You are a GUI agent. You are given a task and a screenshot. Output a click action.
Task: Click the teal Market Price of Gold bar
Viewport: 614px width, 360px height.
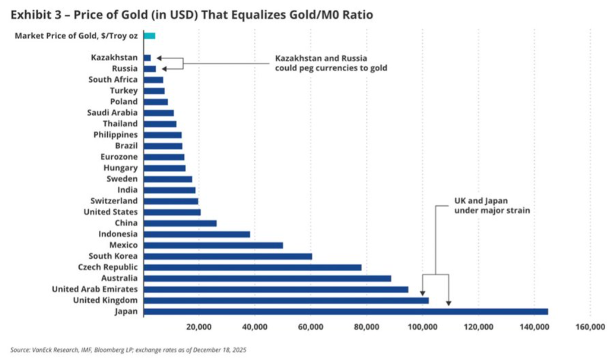(149, 35)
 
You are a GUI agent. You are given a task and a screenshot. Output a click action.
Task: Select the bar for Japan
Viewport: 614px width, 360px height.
(345, 312)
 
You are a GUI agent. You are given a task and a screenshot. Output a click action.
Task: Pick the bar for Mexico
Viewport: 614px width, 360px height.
(213, 245)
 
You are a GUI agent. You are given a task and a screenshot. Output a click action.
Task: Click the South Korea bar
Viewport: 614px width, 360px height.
(228, 256)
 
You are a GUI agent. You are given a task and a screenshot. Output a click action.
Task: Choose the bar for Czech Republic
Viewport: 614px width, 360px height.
(252, 267)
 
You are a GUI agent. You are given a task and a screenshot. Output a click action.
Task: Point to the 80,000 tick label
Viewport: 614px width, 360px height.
(366, 327)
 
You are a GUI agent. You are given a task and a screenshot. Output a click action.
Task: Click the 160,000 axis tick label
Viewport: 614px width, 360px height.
(590, 327)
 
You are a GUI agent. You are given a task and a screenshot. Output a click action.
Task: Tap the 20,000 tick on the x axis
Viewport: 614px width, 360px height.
(199, 327)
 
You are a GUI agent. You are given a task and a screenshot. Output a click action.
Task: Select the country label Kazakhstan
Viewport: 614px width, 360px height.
(114, 57)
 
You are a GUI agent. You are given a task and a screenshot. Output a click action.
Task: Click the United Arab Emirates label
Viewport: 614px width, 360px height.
(95, 289)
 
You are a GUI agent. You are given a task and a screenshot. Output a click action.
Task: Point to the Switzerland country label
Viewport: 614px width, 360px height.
(114, 201)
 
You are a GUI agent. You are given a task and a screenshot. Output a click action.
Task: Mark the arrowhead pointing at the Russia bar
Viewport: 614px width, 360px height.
(164, 69)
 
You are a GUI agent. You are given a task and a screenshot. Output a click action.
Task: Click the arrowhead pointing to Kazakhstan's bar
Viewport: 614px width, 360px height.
(159, 58)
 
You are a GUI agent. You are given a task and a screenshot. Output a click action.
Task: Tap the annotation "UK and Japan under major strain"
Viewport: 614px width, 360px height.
(492, 206)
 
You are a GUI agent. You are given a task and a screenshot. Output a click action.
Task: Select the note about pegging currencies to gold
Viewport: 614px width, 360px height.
(331, 63)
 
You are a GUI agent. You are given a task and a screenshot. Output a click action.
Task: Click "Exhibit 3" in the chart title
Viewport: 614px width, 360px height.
(33, 14)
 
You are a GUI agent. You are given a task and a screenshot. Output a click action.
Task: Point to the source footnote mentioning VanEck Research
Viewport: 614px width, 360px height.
(128, 349)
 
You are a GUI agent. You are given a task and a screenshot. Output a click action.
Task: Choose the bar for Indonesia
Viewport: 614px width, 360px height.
(197, 234)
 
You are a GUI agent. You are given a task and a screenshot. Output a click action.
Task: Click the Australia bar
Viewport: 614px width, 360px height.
(267, 278)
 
